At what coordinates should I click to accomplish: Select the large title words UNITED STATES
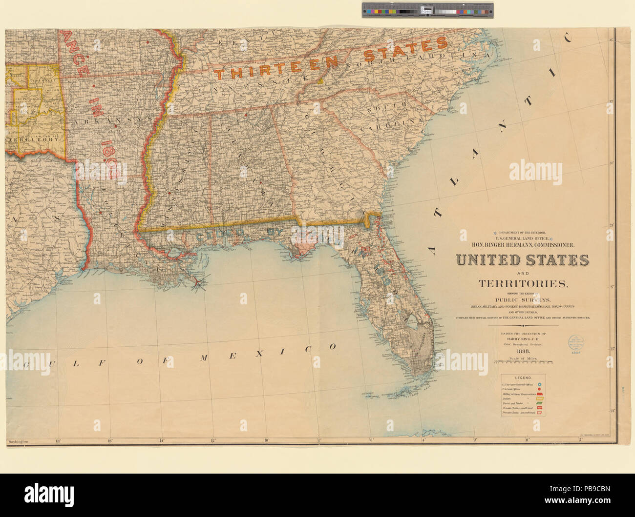coord(522,260)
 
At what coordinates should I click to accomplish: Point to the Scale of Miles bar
coord(522,363)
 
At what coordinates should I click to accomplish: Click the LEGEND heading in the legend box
coord(523,378)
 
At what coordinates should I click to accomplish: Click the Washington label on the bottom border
coord(18,442)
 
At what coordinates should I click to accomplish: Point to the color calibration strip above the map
coord(427,10)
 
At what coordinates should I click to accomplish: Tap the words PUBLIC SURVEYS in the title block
coord(522,299)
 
